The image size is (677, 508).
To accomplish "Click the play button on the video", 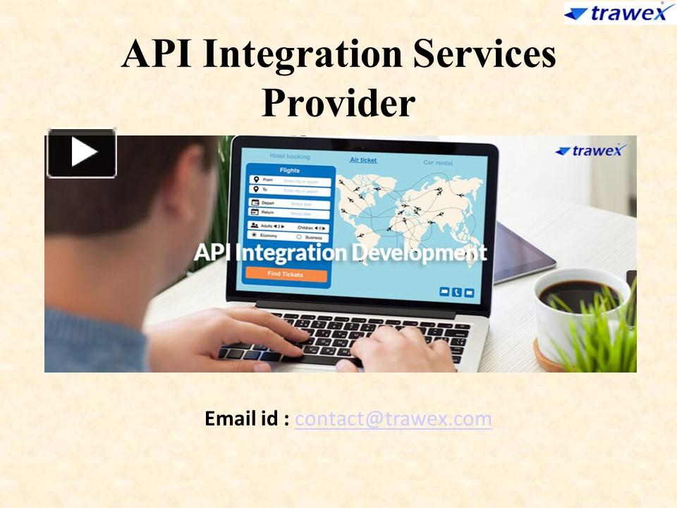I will tap(82, 152).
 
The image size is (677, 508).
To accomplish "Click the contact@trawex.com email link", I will tap(394, 419).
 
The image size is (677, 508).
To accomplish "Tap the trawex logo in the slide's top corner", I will tap(619, 12).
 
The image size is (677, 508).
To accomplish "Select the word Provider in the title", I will tap(338, 102).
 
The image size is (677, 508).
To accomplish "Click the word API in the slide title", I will tap(157, 54).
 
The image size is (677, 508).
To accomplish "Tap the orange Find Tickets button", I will tap(286, 274).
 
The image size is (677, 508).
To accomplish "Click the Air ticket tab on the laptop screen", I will tap(364, 160).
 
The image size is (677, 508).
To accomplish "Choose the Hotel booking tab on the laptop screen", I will tap(289, 156).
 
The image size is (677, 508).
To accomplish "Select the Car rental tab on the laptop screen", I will tap(438, 162).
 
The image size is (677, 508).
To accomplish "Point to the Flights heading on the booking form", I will tap(289, 170).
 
